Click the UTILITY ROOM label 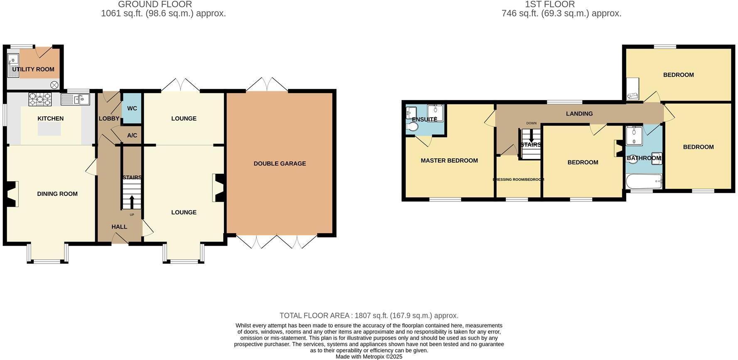pos(33,69)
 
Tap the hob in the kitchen pos(40,99)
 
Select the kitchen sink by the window pos(75,99)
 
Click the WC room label pos(132,108)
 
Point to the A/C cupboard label pos(132,136)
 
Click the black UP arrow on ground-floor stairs pos(132,202)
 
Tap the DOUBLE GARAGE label pos(280,164)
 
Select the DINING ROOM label pos(57,194)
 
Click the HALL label pos(119,227)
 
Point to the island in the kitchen pos(49,129)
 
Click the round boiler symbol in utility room pos(54,85)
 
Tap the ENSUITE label pos(424,119)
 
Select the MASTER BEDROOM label pos(449,160)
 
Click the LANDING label pos(579,113)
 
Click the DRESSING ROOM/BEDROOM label pos(518,180)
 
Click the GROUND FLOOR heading pos(155,5)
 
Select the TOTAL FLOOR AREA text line pos(369,316)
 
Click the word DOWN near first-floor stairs pos(531,123)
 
